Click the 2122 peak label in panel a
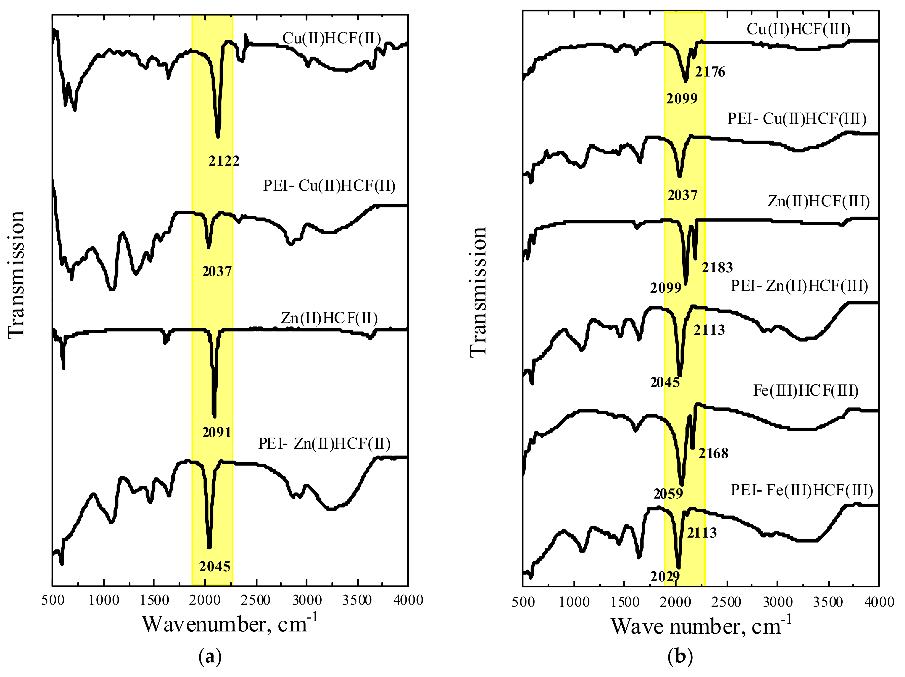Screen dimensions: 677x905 pos(224,161)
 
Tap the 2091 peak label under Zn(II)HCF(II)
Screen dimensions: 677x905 pos(217,432)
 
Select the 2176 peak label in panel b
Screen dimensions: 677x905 pos(710,72)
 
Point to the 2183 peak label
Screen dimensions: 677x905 pos(717,268)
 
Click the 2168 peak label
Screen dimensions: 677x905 pos(713,453)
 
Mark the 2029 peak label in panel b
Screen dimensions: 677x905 pos(665,577)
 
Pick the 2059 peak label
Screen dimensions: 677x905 pos(668,494)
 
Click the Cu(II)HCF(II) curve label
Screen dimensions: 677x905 pos(331,39)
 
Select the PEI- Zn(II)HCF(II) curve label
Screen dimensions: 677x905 pos(324,444)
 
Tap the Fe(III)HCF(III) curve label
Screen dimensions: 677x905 pos(806,391)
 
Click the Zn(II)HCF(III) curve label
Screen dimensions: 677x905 pos(818,201)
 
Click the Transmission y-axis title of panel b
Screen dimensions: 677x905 pos(478,292)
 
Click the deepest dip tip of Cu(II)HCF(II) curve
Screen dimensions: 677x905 pos(218,137)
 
